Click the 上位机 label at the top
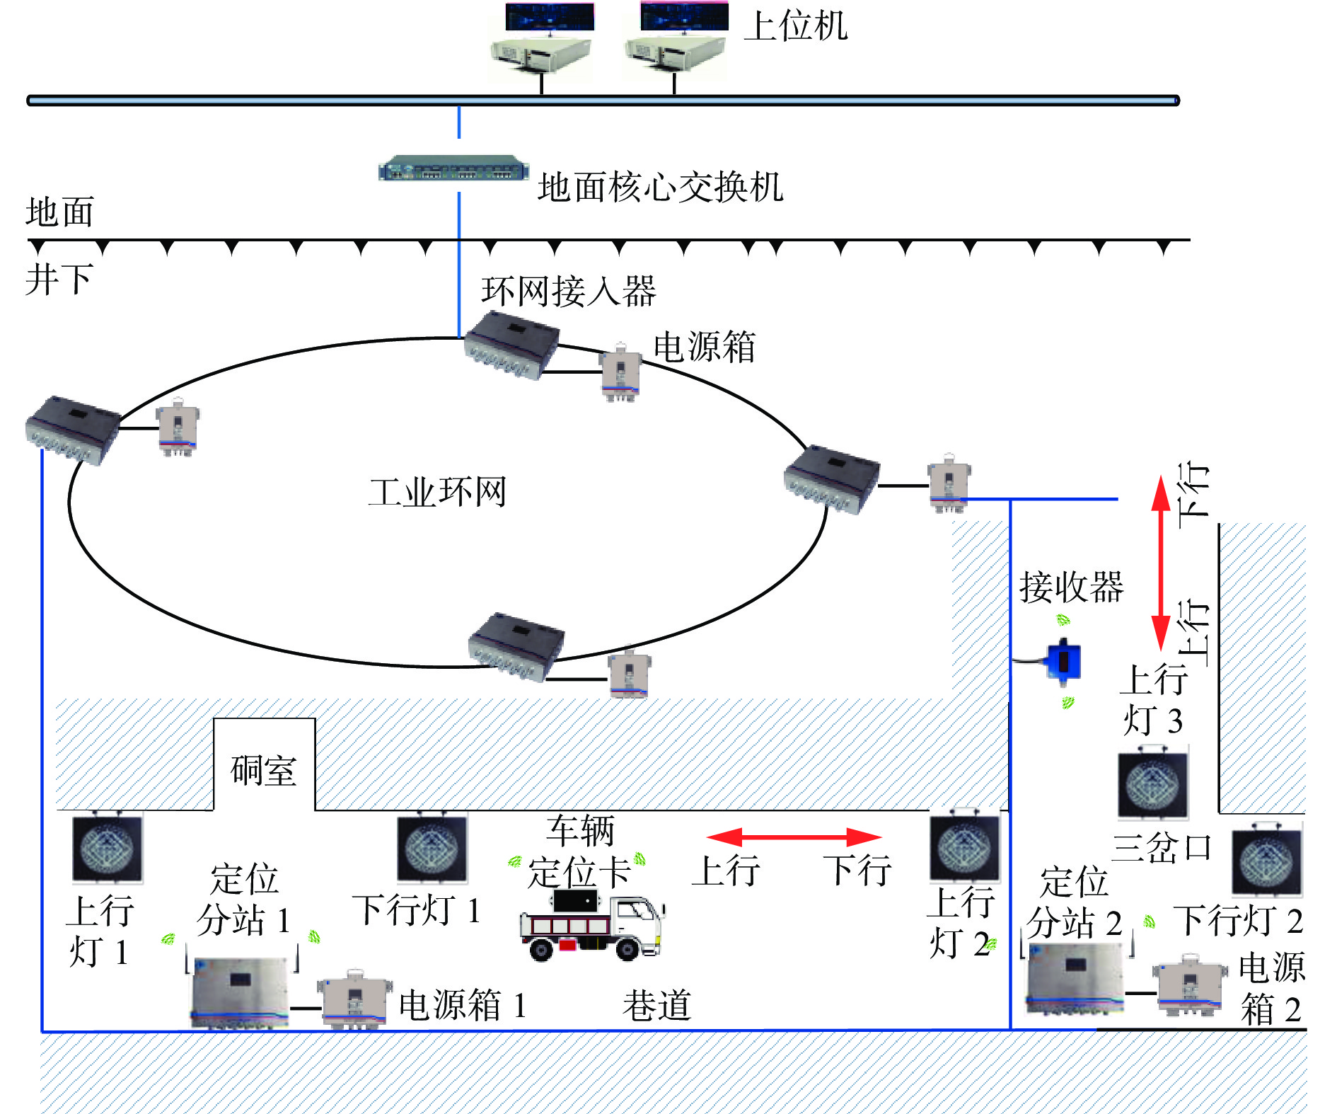coord(795,27)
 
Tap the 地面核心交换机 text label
coord(660,188)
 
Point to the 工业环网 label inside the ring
coord(437,491)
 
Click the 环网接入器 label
coord(569,291)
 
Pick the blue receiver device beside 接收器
coord(1063,660)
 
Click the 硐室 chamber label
coord(263,770)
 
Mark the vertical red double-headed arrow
coord(1160,563)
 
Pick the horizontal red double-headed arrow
coord(794,838)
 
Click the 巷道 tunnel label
coord(656,1005)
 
